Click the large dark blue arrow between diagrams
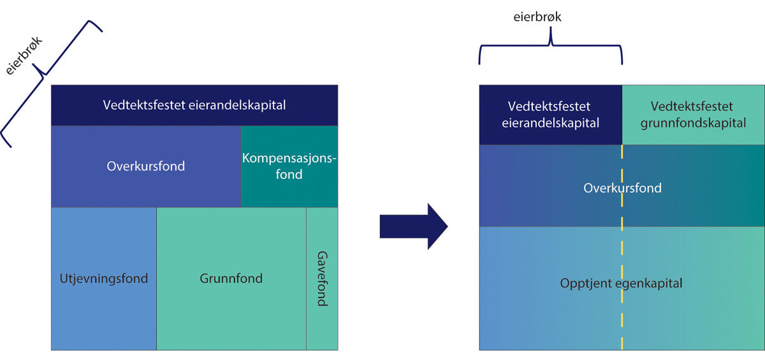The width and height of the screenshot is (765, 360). [x=413, y=227]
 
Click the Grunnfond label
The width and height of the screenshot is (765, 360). [x=231, y=278]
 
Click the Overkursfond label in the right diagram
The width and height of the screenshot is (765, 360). [x=622, y=188]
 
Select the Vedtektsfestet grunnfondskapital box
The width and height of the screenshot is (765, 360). [x=693, y=115]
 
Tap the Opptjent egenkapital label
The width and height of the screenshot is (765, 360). [x=621, y=284]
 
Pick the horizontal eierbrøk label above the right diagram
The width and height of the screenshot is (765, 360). [x=537, y=17]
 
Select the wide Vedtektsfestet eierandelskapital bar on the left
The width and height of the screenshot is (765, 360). [x=194, y=105]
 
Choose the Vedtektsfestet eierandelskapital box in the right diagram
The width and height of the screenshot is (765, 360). [x=550, y=115]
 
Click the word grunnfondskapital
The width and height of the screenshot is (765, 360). [x=693, y=123]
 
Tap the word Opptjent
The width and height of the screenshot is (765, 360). [x=585, y=284]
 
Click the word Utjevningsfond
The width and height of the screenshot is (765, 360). [x=103, y=278]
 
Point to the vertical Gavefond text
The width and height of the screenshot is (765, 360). [x=322, y=278]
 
